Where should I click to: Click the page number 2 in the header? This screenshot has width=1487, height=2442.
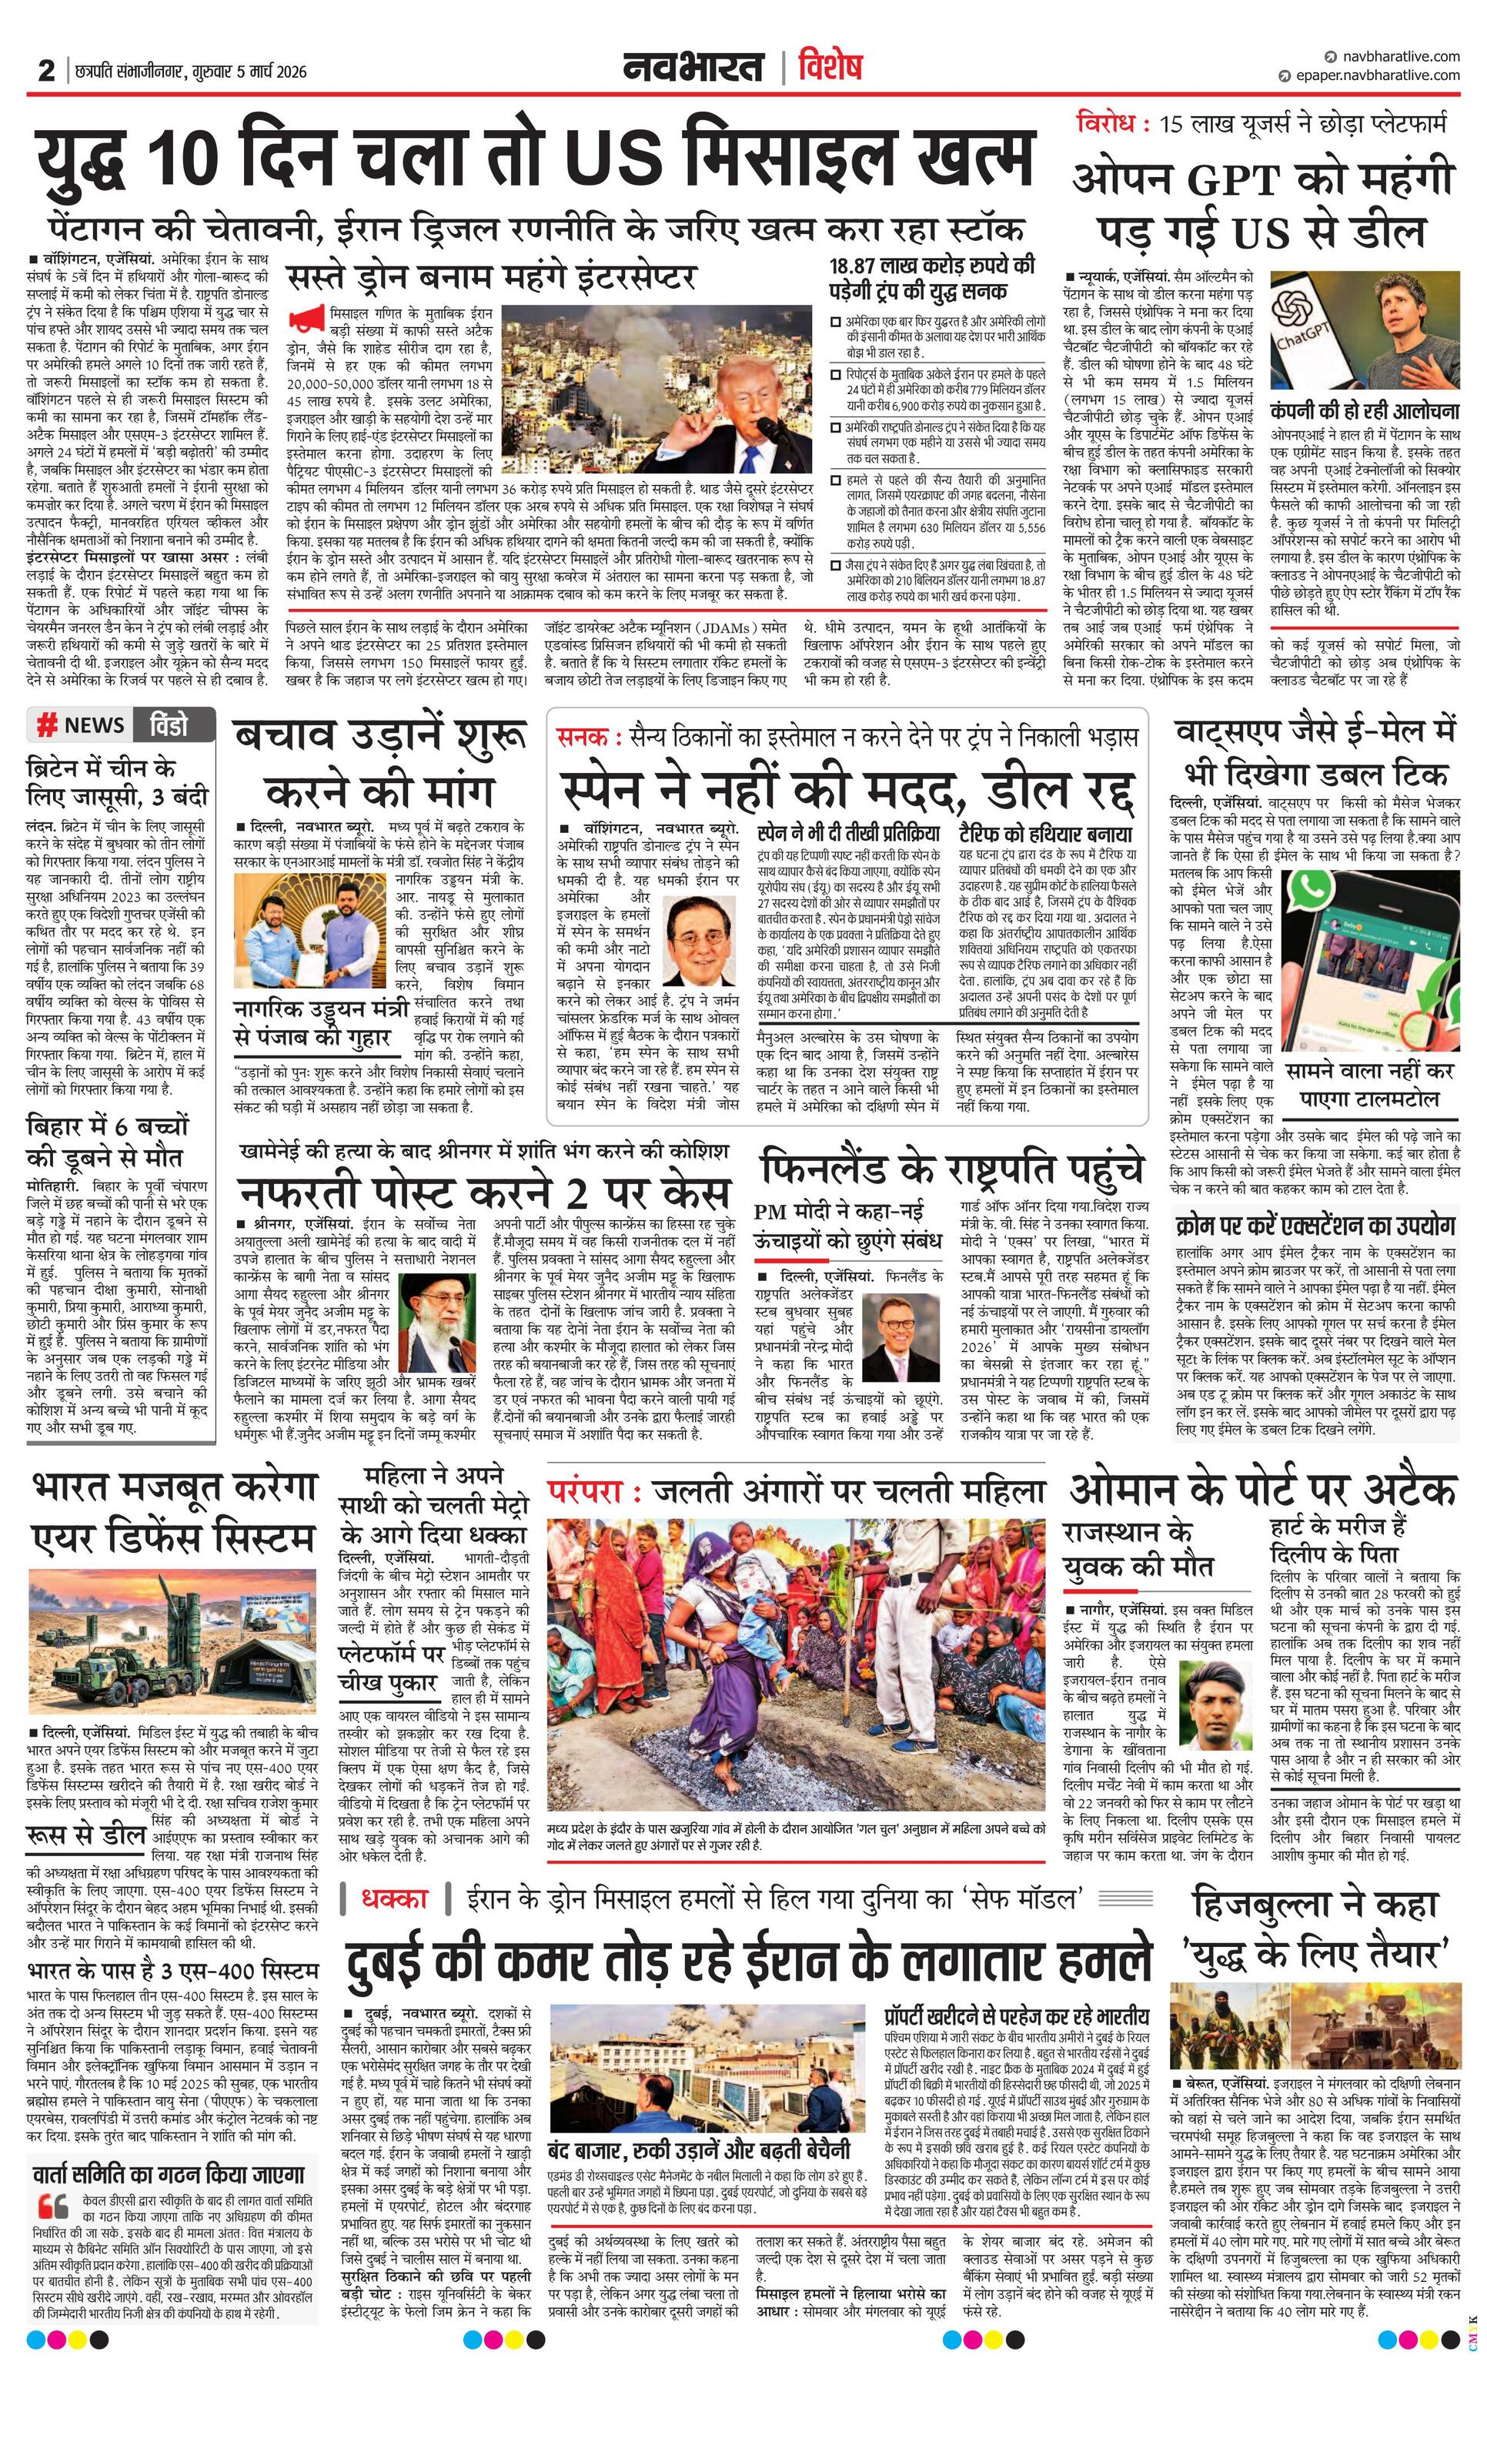tap(45, 72)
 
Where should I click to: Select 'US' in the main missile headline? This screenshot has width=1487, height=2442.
tap(611, 159)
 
